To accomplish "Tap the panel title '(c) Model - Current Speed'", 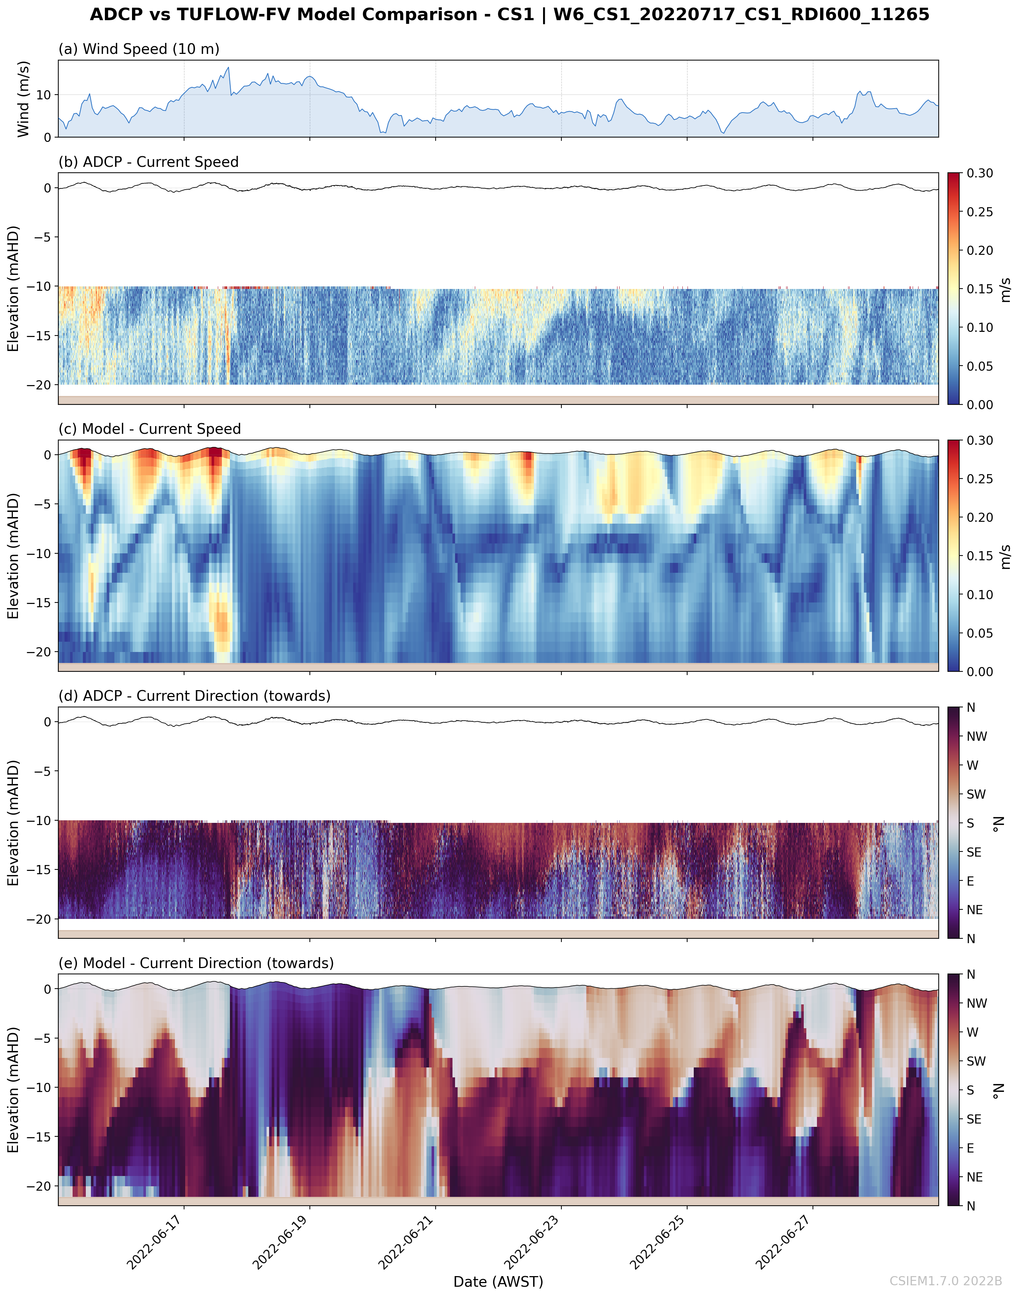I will click(x=150, y=429).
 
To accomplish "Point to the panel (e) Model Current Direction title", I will click(x=196, y=963).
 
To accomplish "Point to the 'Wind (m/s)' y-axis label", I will click(x=23, y=99).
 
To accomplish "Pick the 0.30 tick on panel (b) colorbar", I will click(x=980, y=173).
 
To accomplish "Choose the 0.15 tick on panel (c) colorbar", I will click(x=980, y=556).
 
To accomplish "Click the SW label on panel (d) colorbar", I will click(x=976, y=794).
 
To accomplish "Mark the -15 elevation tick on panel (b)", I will click(x=39, y=336).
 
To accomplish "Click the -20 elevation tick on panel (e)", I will click(x=39, y=1186).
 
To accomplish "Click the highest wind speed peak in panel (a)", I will click(x=228, y=67).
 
